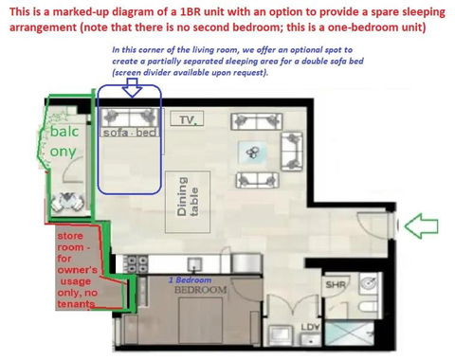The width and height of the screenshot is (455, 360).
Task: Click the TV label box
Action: click(185, 120)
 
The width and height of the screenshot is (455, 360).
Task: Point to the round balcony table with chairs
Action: click(68, 202)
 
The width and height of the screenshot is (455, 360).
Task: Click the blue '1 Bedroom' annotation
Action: click(191, 280)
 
